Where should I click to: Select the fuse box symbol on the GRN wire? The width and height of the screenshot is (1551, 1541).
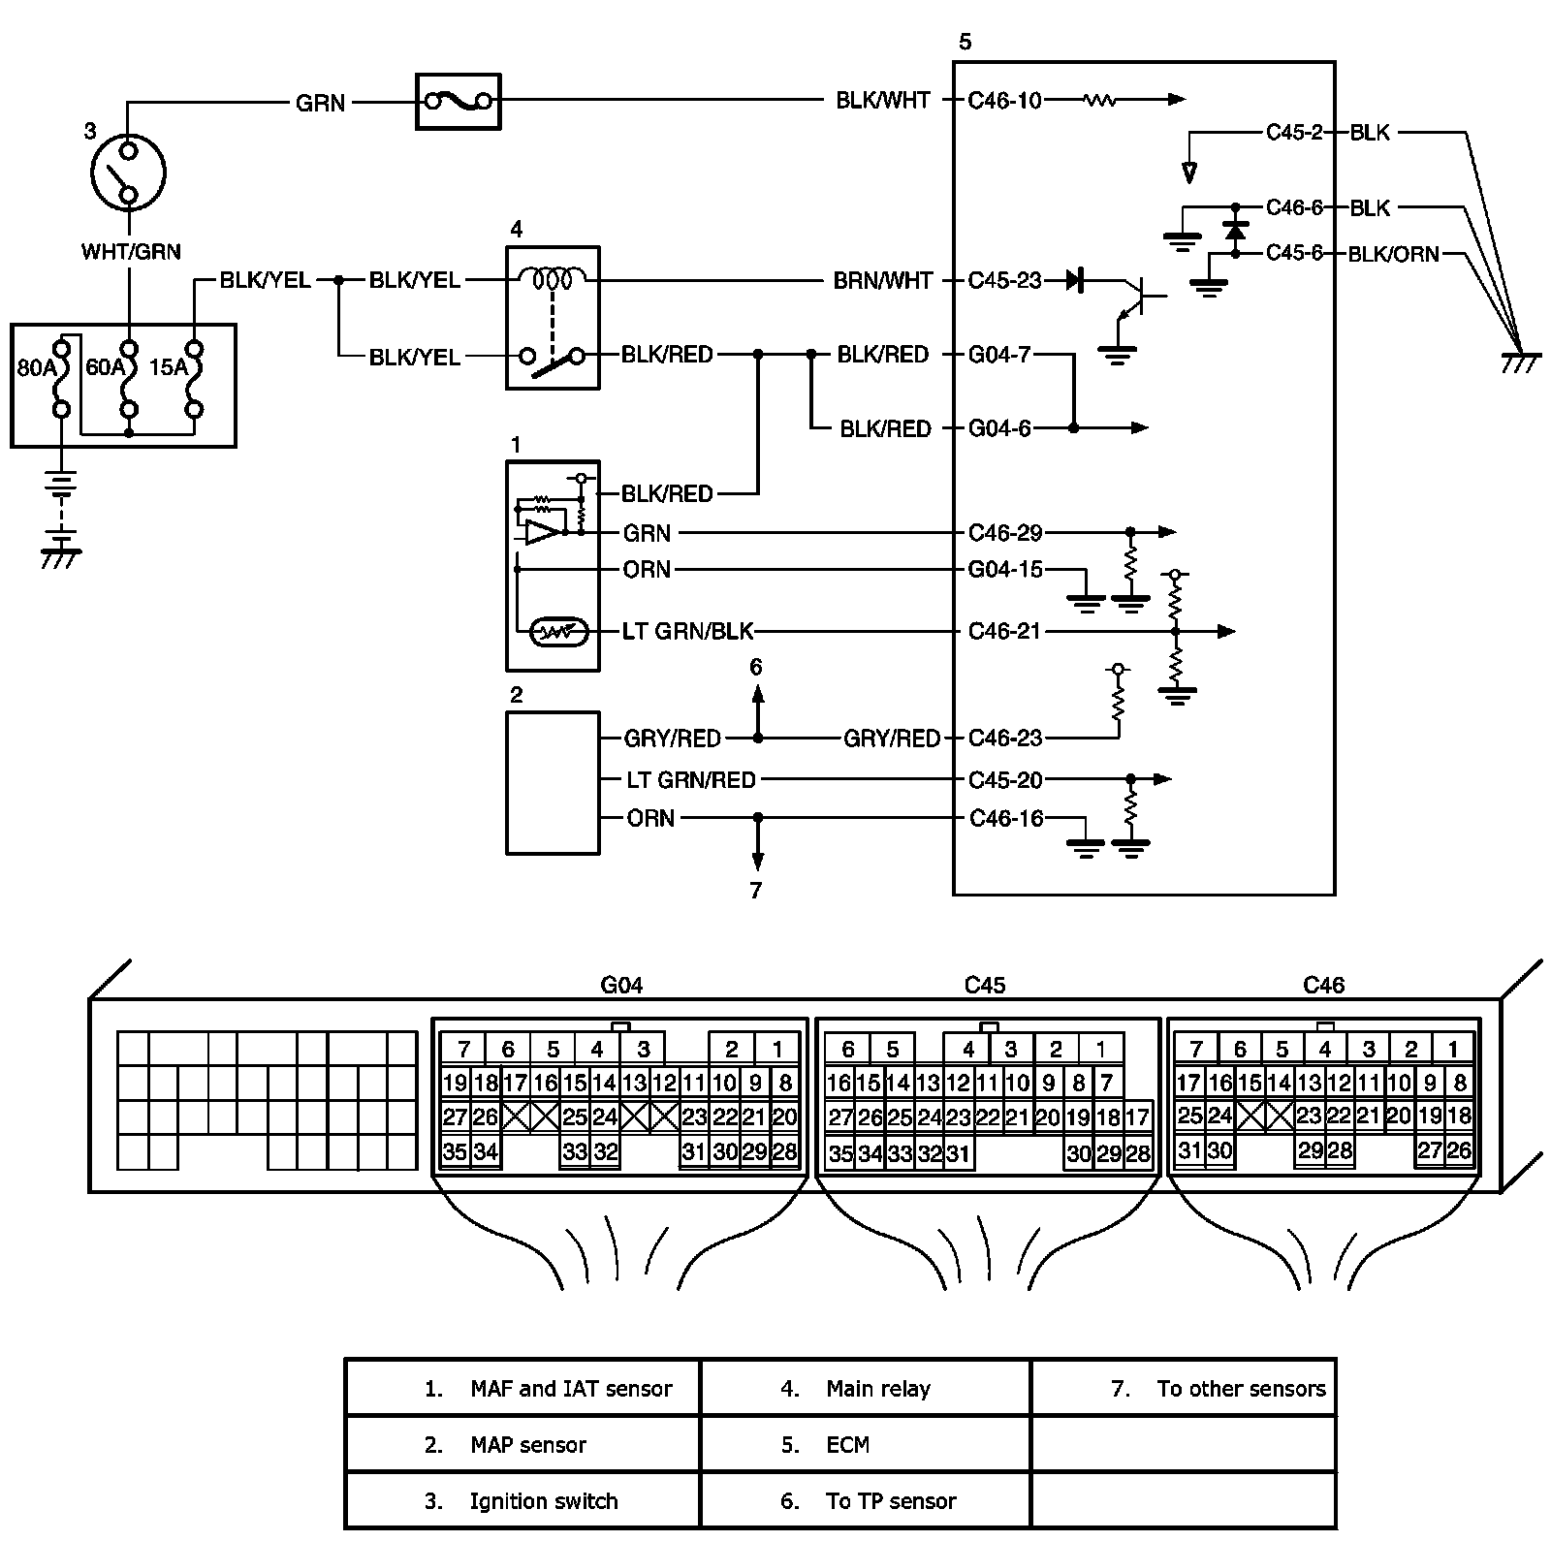[x=458, y=101]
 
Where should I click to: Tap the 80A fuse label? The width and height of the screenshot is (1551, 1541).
[x=37, y=368]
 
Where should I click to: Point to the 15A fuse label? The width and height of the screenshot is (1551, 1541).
[x=170, y=368]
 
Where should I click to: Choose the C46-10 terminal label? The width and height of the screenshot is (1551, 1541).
[x=1004, y=100]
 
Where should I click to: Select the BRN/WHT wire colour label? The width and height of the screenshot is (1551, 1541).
[x=882, y=281]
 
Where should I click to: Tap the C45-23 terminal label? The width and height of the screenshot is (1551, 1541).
[x=1004, y=281]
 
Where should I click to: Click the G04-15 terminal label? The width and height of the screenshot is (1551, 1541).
[x=1005, y=569]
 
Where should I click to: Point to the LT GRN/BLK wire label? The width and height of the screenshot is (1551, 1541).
[x=688, y=631]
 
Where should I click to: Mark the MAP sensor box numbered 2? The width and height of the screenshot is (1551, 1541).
[x=553, y=782]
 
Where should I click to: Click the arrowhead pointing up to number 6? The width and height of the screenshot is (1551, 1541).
[x=757, y=694]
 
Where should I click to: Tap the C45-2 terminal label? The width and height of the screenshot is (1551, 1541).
[x=1294, y=132]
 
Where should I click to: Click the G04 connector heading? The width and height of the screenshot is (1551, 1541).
[x=622, y=985]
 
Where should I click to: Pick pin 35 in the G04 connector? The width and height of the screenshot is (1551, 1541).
[x=456, y=1152]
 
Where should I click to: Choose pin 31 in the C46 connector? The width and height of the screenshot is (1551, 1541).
[x=1189, y=1150]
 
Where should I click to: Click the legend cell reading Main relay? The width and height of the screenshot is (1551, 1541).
[x=878, y=1389]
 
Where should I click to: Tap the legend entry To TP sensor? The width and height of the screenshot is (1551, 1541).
[x=891, y=1501]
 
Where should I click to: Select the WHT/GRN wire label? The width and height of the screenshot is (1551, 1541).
[x=131, y=252]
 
